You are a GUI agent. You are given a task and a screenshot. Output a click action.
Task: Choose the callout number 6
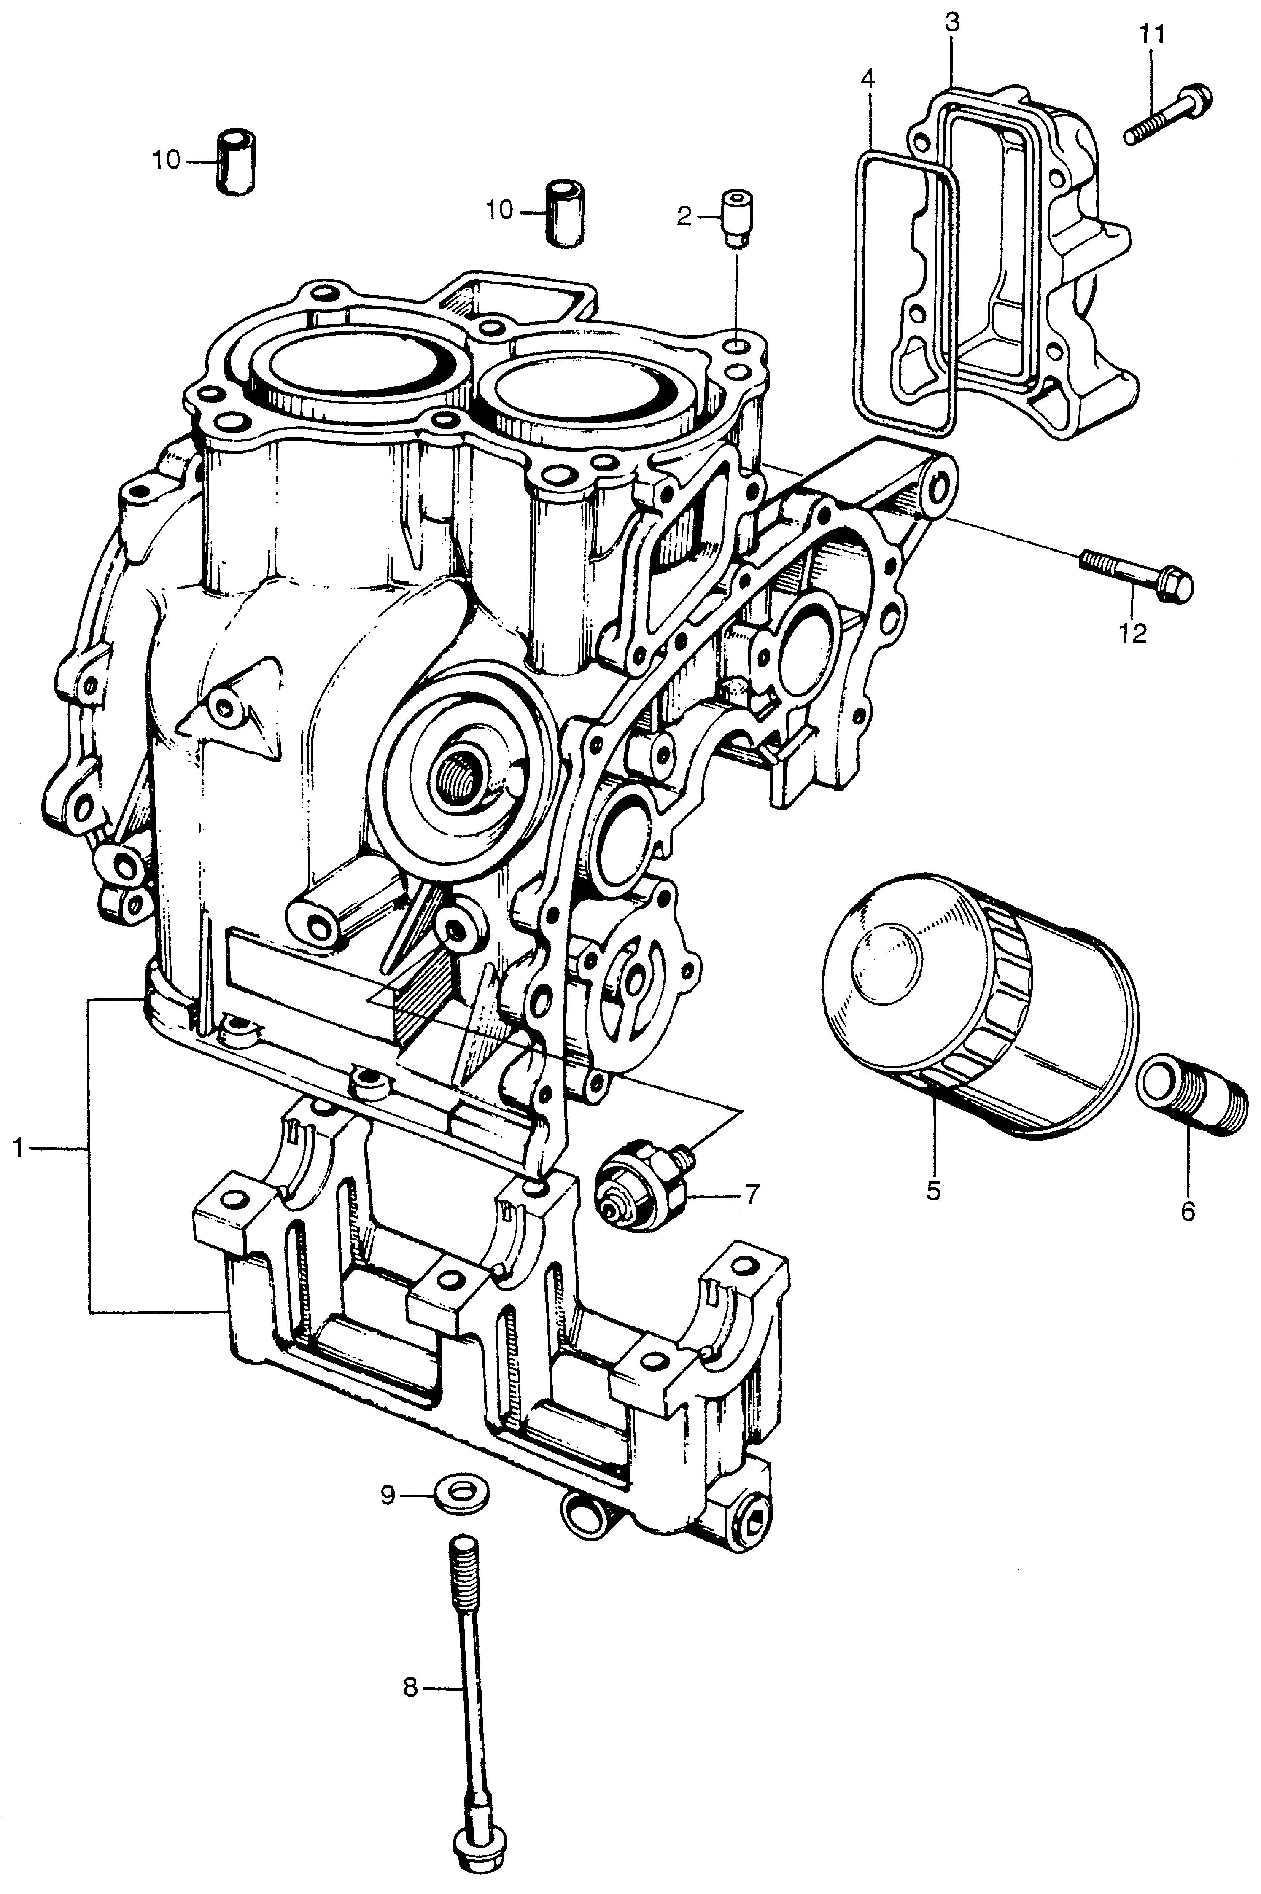pos(1188,1210)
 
